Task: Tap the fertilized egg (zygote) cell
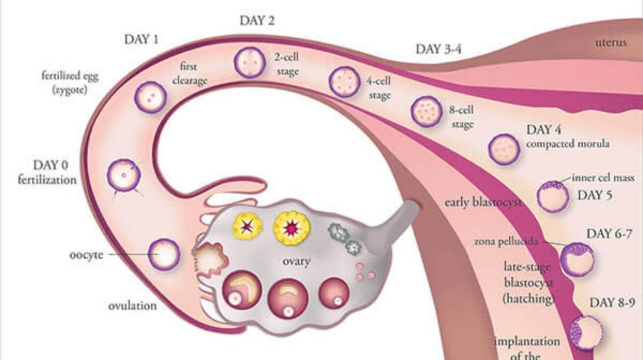(150, 97)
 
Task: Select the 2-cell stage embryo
(249, 62)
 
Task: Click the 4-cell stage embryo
(343, 81)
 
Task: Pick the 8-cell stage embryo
(426, 111)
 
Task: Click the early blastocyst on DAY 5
(553, 196)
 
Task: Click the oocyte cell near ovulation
(164, 254)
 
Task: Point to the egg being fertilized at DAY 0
(124, 175)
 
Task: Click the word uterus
(610, 42)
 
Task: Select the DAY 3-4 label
(439, 49)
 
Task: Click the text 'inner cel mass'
(603, 178)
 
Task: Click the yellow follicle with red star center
(291, 227)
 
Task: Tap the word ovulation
(133, 306)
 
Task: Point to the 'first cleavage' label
(190, 74)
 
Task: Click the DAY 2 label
(257, 21)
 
